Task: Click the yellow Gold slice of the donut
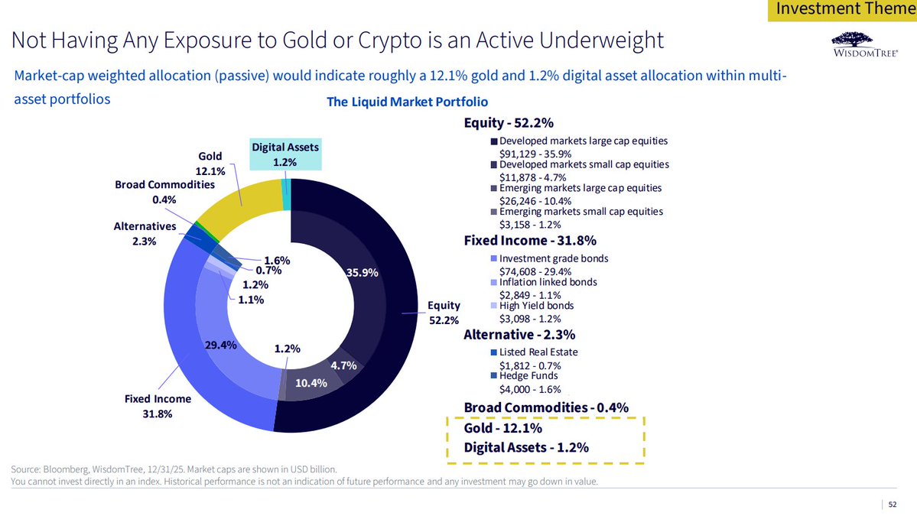(x=237, y=206)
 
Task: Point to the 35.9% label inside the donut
(x=363, y=273)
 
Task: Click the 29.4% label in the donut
(x=220, y=345)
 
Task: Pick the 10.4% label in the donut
(x=311, y=383)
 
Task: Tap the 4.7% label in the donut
(x=344, y=365)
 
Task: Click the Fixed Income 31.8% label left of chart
(x=158, y=407)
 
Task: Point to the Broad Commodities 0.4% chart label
(x=164, y=192)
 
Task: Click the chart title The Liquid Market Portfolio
(x=407, y=102)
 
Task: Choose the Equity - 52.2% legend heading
(x=509, y=123)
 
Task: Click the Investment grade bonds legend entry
(x=553, y=258)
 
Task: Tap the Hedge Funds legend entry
(x=528, y=376)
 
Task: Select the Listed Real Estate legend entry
(x=538, y=352)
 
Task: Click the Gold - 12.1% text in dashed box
(x=502, y=428)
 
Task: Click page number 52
(x=892, y=504)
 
